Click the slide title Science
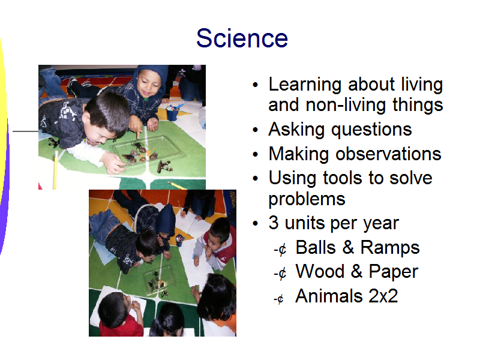click(242, 38)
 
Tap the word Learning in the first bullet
click(305, 85)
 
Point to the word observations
click(388, 154)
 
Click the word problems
click(307, 200)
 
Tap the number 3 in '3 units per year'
click(274, 223)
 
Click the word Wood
click(320, 271)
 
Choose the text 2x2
click(383, 296)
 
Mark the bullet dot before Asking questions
click(256, 130)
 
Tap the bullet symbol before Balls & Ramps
click(280, 250)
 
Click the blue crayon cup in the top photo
click(173, 113)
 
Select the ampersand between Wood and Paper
click(356, 271)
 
